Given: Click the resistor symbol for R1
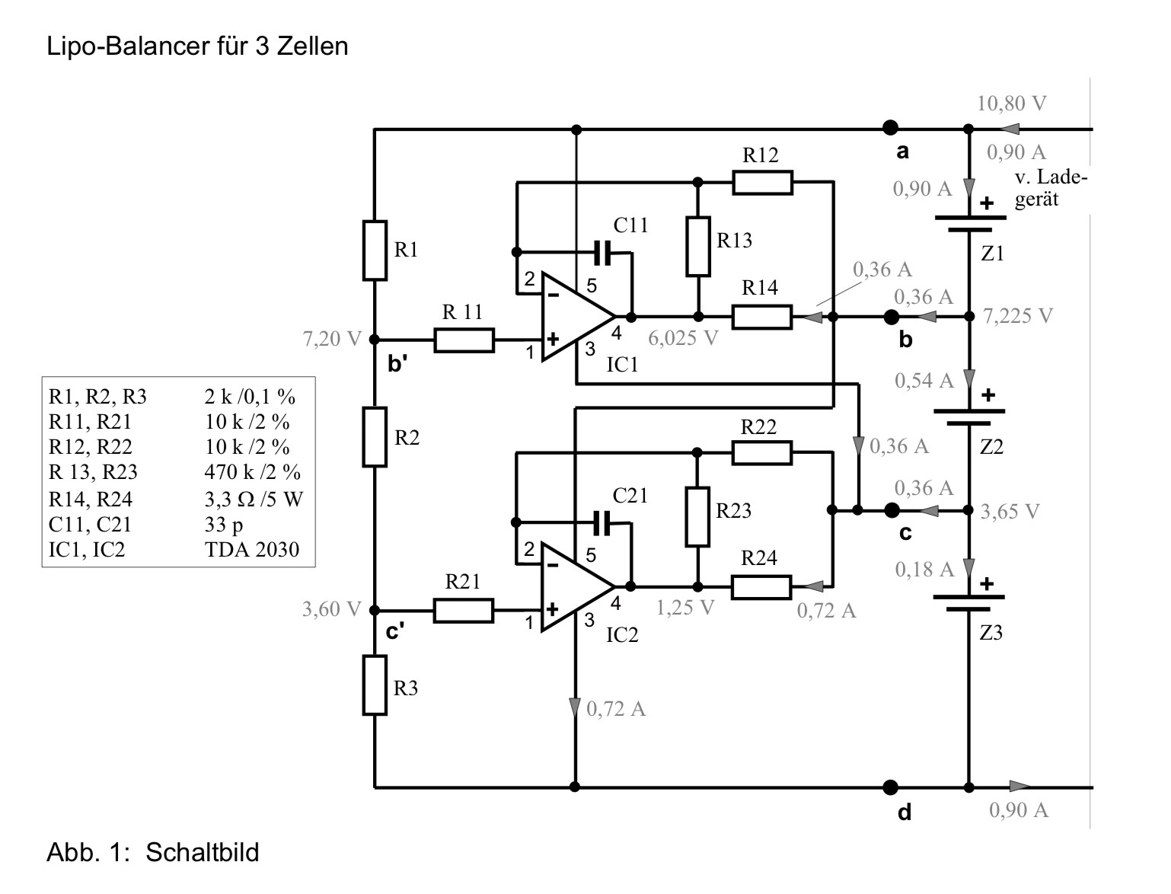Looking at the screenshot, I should (375, 251).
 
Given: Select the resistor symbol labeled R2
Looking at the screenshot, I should (375, 437).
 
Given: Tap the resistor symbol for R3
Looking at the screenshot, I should (375, 685).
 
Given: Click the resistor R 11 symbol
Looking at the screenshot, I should (464, 340).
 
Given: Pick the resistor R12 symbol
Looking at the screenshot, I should (762, 183).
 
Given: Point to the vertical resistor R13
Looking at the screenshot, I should (697, 246).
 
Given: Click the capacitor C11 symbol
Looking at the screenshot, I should (603, 252).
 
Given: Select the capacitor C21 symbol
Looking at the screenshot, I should (603, 522).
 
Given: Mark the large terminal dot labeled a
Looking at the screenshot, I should (890, 128).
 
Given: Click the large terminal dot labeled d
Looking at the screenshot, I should (890, 787).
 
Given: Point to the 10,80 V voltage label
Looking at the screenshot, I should (1011, 104).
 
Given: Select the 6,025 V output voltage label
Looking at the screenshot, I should (683, 338).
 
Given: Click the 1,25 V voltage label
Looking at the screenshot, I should (685, 608).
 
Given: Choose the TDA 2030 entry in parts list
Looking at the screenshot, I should (252, 550).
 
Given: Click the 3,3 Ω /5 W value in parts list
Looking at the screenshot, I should (253, 500).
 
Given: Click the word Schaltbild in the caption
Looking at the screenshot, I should (202, 851).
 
